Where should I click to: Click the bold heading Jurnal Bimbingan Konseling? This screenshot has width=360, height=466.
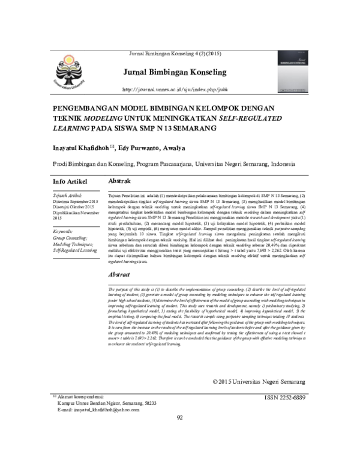175,73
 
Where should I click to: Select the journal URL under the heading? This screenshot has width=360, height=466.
175,89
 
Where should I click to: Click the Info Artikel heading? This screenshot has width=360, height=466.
70,181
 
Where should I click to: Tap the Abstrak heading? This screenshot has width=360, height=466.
120,181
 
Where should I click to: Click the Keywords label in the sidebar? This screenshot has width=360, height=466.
63,231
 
